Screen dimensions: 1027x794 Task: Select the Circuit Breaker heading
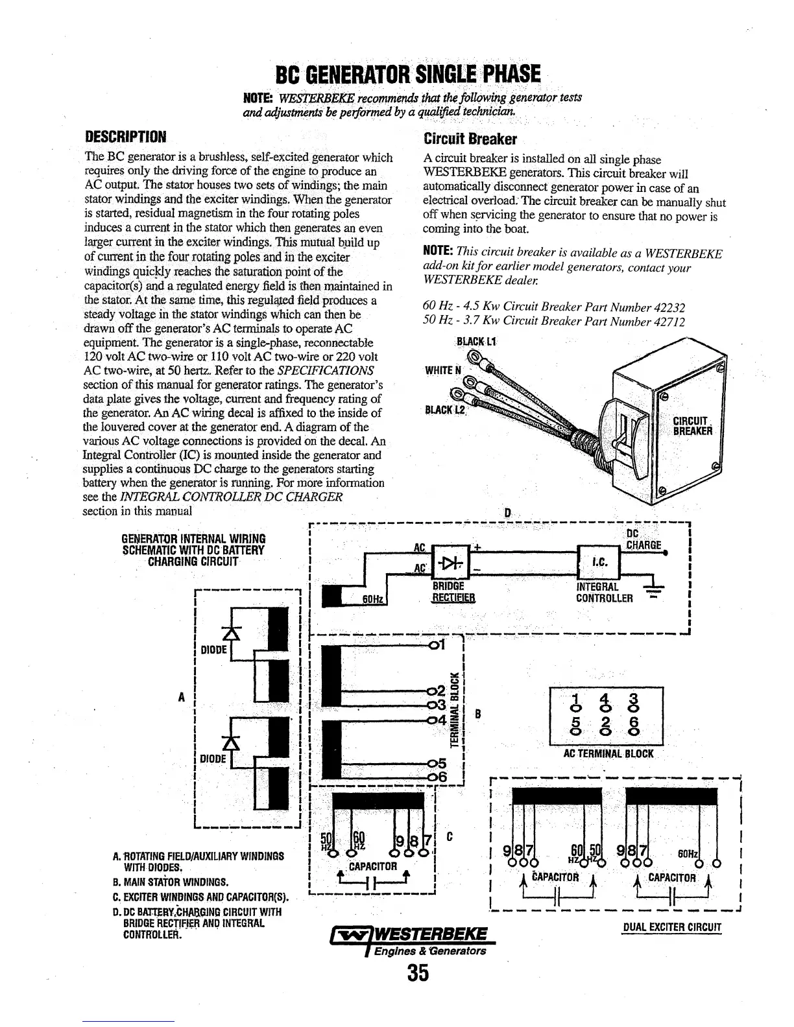470,139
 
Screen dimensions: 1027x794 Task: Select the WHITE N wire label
444,370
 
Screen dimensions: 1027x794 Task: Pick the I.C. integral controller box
599,561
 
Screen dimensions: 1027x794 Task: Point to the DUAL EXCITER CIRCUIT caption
671,928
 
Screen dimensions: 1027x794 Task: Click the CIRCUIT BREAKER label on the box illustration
692,425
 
